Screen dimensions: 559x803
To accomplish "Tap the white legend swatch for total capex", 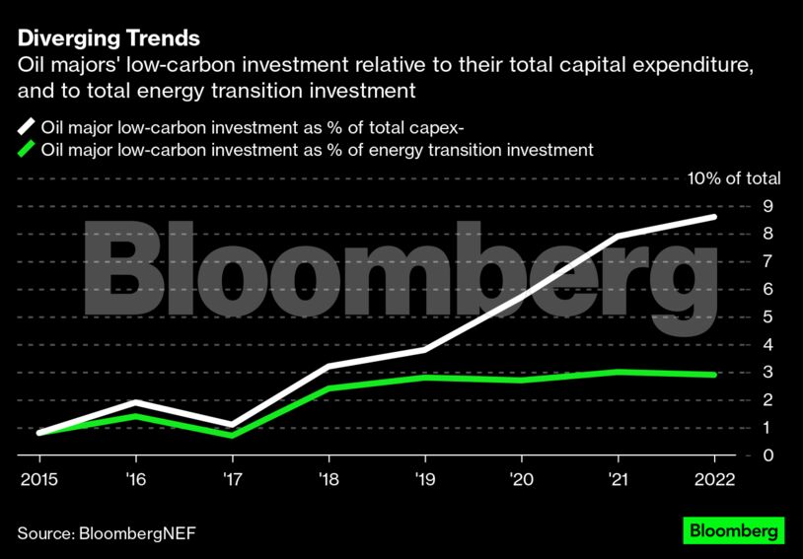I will click(25, 126).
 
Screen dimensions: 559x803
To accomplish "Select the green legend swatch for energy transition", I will click(25, 150).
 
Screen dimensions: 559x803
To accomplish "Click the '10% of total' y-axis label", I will click(733, 178).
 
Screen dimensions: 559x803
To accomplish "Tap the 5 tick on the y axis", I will click(766, 316).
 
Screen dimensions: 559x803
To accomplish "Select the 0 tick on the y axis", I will click(766, 455).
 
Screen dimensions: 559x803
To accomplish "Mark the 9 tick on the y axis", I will click(766, 206).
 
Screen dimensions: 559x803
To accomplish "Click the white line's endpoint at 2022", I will click(713, 217).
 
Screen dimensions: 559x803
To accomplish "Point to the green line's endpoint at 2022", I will click(713, 375).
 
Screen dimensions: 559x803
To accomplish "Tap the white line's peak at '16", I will click(136, 402).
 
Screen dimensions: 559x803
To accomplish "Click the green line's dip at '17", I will click(232, 435).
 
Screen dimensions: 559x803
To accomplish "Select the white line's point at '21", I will click(618, 237).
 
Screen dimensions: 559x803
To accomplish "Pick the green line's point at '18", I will click(328, 388).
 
